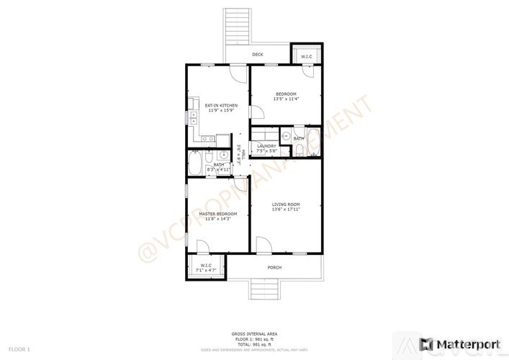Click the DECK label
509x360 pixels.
(x=258, y=55)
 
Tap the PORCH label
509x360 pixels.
(x=274, y=268)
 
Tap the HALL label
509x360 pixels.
(x=244, y=153)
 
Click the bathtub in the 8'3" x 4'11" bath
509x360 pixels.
(x=194, y=163)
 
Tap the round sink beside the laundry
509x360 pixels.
(x=286, y=135)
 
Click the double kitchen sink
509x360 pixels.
(x=194, y=117)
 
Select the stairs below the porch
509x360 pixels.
(x=263, y=291)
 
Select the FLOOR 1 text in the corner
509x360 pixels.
(x=19, y=349)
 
